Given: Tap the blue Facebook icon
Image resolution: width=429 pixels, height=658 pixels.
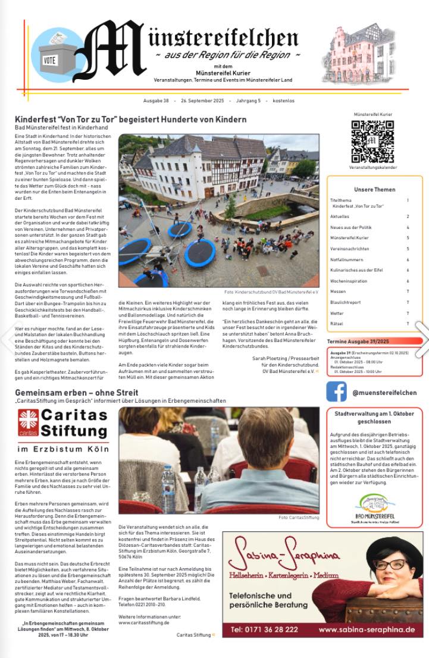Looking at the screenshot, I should [336, 392].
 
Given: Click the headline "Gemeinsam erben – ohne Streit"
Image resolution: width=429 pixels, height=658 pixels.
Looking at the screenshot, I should [77, 393].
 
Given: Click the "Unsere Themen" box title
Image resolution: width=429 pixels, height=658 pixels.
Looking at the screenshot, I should [374, 190].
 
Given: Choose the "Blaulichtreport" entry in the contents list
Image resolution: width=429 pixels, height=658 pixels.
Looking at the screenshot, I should [345, 302].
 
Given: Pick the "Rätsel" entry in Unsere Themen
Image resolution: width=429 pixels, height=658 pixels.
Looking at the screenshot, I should [336, 324].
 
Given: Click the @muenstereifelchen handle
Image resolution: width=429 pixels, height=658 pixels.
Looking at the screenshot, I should [384, 393].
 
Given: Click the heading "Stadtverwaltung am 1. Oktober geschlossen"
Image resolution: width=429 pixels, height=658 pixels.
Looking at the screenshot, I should [374, 416].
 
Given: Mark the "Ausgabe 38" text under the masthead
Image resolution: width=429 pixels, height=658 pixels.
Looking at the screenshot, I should [156, 101].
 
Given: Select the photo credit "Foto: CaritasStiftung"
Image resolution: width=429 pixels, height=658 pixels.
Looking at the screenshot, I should [299, 518].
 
